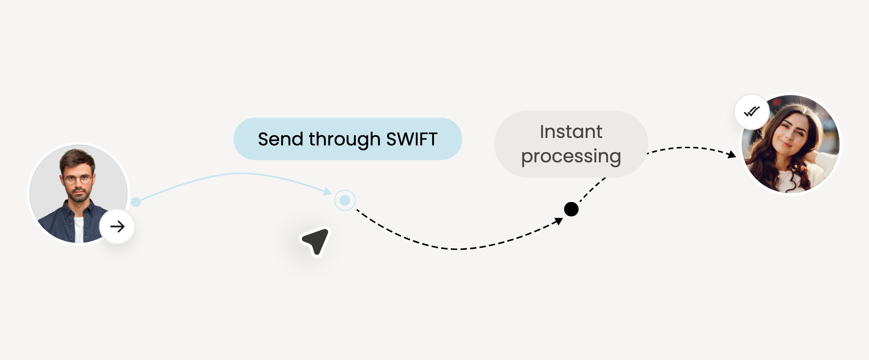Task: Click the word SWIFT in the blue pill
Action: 412,139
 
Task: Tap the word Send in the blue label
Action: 281,139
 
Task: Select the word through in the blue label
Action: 344,140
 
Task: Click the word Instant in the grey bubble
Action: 571,132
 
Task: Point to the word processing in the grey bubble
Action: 571,157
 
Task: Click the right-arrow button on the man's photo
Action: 117,226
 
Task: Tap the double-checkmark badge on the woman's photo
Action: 752,112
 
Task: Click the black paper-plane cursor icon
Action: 316,241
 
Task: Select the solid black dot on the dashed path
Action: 571,209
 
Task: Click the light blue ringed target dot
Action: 345,200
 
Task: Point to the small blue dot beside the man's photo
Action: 136,202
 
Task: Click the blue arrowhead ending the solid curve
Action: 327,192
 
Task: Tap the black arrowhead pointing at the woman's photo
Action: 732,155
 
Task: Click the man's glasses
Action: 78,179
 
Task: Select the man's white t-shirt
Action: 78,229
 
